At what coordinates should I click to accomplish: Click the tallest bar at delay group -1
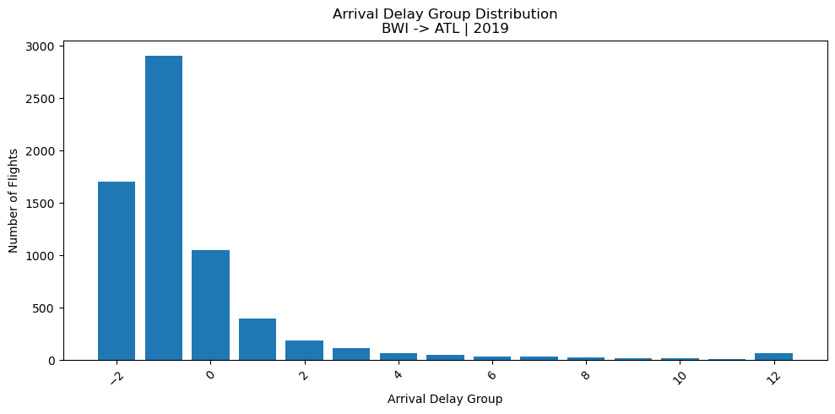(164, 208)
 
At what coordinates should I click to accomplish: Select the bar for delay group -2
(117, 270)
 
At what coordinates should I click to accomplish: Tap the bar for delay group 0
(210, 305)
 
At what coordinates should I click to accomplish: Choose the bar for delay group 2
(304, 350)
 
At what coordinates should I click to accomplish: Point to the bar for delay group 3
(351, 354)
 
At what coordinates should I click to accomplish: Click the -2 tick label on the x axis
(115, 375)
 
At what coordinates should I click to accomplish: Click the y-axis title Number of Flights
(14, 203)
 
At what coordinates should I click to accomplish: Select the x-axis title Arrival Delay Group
(445, 399)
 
